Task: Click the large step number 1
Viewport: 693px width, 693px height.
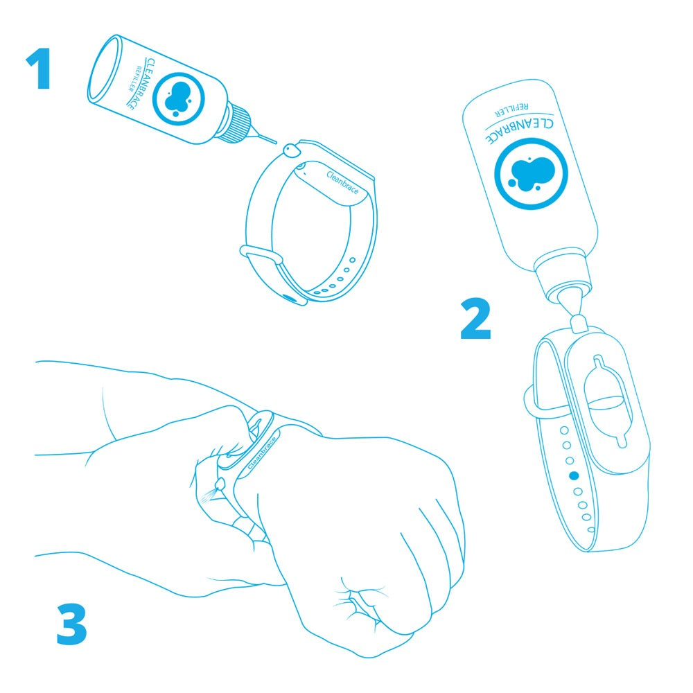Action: click(40, 69)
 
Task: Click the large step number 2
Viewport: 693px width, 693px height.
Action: click(475, 318)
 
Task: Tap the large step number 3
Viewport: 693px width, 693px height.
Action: click(71, 624)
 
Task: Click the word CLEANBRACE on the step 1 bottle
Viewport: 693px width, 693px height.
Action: click(141, 84)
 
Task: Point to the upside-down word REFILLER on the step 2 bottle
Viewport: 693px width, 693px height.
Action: click(511, 109)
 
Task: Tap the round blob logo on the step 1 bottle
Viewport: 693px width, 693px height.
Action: click(179, 99)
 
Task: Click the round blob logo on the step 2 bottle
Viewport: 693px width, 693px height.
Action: click(531, 174)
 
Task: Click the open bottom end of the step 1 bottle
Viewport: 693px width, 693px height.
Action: click(105, 68)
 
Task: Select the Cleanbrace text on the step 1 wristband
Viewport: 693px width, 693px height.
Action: click(343, 182)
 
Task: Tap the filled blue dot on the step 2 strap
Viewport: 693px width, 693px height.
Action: click(574, 475)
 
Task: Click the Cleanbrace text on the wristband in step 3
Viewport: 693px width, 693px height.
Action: click(262, 453)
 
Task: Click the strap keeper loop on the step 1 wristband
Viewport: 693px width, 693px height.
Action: click(261, 255)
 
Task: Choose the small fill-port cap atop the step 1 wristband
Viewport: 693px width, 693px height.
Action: click(291, 150)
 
